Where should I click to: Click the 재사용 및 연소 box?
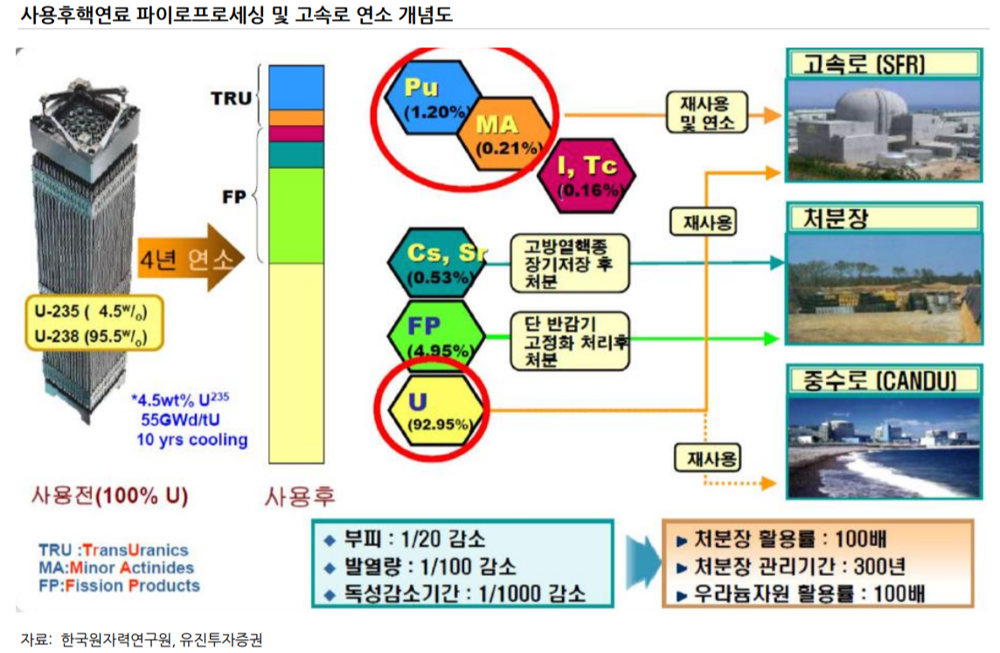click(x=707, y=114)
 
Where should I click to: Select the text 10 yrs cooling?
click(x=191, y=440)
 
